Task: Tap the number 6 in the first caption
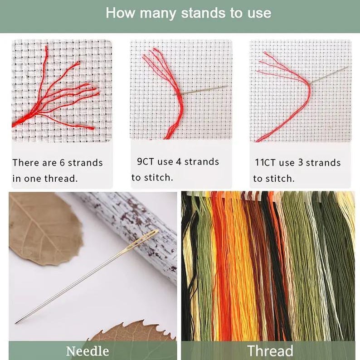pos(63,163)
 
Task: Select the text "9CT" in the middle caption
pos(145,161)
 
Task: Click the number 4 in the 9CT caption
pos(179,161)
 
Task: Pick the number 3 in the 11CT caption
pos(301,163)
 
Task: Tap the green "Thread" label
pos(270,351)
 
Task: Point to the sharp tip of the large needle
pos(15,323)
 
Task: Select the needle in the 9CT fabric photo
pos(200,90)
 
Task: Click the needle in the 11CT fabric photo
pos(329,75)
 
